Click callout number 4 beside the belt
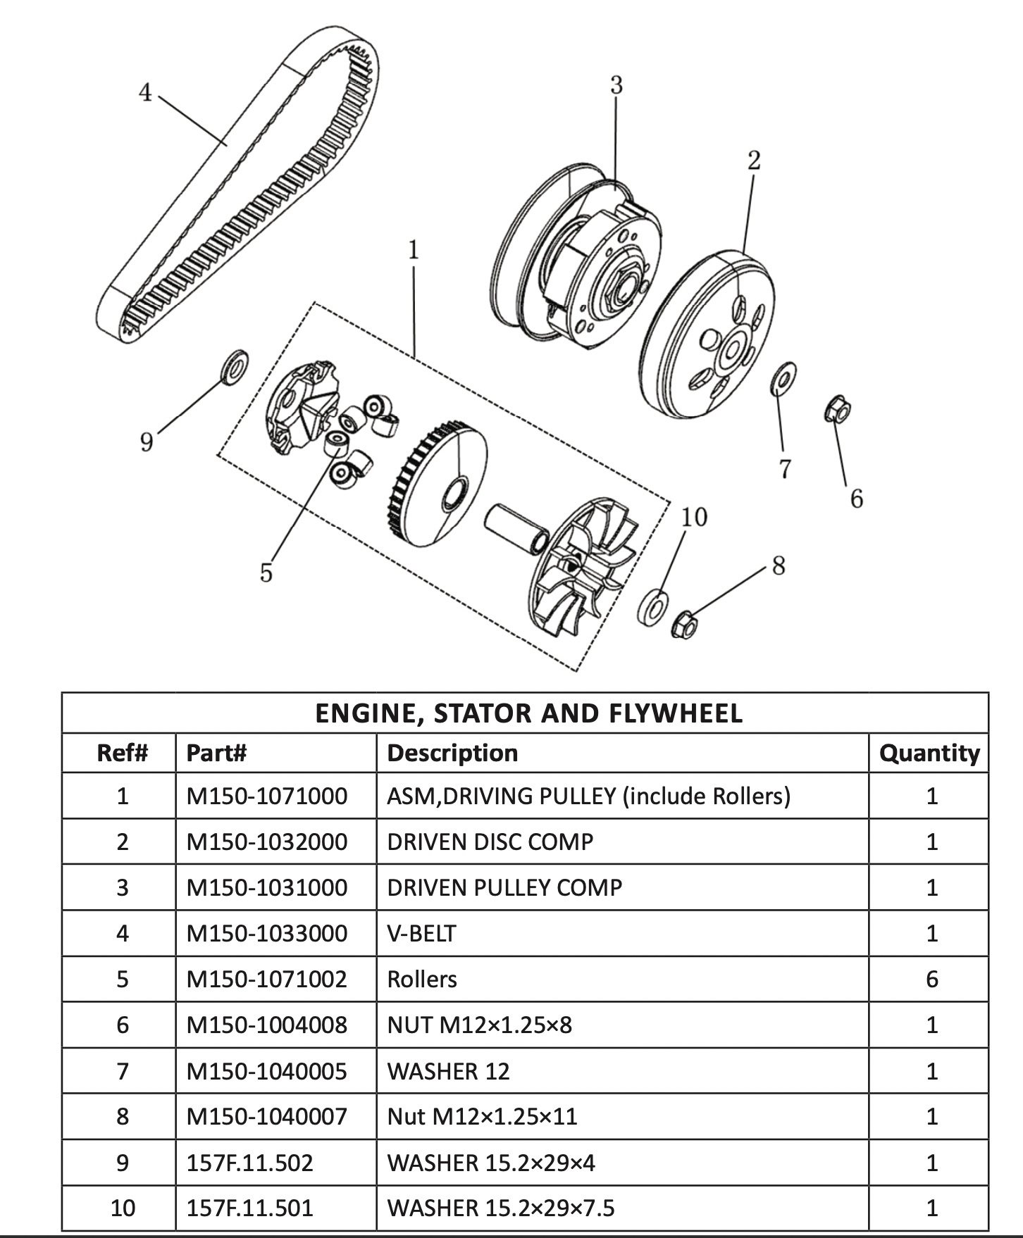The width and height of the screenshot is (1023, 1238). [145, 92]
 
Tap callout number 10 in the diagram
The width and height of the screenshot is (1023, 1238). [693, 517]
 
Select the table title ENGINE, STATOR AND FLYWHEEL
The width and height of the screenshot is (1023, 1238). [528, 713]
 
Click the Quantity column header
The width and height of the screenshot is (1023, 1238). [929, 753]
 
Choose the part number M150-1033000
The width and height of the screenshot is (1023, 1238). [266, 933]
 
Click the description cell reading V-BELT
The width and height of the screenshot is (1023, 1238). [421, 933]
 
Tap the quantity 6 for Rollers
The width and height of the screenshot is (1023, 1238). [931, 979]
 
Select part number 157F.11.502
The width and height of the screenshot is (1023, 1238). [249, 1162]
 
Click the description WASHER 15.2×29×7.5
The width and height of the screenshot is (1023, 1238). [501, 1208]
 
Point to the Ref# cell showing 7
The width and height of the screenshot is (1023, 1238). [122, 1070]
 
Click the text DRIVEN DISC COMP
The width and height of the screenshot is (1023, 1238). [490, 842]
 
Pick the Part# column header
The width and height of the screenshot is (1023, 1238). [216, 753]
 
